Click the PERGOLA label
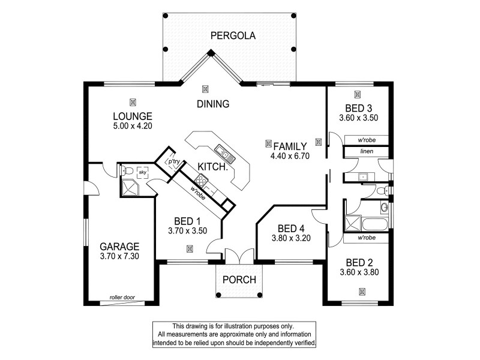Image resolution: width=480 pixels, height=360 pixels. pyautogui.click(x=233, y=36)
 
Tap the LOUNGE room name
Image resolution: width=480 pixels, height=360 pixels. pyautogui.click(x=133, y=116)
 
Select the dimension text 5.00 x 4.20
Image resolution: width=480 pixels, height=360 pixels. pyautogui.click(x=133, y=126)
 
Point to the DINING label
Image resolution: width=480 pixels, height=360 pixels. pyautogui.click(x=213, y=104)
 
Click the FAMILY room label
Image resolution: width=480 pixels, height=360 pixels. pyautogui.click(x=290, y=146)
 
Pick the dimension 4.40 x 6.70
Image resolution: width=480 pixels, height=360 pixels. pyautogui.click(x=290, y=156)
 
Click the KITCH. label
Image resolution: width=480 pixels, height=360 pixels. pyautogui.click(x=212, y=166)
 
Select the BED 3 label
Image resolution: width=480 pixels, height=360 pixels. pyautogui.click(x=358, y=108)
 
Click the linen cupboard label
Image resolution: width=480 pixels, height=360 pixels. pyautogui.click(x=367, y=152)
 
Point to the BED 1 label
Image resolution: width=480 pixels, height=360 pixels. pyautogui.click(x=188, y=220)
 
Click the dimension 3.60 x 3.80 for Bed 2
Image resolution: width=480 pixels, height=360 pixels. pyautogui.click(x=358, y=272)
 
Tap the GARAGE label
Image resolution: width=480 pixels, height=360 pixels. pyautogui.click(x=119, y=246)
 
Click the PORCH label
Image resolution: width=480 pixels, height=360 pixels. pyautogui.click(x=239, y=279)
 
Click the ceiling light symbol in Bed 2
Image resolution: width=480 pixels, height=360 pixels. pyautogui.click(x=362, y=292)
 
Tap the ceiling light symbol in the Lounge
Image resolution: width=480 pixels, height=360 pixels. pyautogui.click(x=133, y=101)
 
